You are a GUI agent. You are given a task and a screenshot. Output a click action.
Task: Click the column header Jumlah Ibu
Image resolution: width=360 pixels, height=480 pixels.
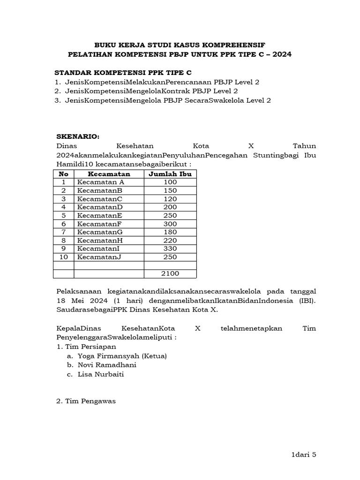pyautogui.click(x=170, y=174)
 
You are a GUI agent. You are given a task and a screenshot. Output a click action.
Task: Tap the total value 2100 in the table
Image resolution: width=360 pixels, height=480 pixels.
pyautogui.click(x=170, y=274)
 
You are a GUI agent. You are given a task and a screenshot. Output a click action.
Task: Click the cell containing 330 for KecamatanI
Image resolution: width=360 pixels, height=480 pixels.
pyautogui.click(x=170, y=248)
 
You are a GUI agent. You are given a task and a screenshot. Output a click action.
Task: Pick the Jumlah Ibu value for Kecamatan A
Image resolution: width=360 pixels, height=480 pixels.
pyautogui.click(x=170, y=182)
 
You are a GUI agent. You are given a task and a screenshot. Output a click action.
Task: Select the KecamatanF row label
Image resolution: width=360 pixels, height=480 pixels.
pyautogui.click(x=99, y=224)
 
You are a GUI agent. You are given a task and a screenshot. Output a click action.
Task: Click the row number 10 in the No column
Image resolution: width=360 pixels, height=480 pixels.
pyautogui.click(x=64, y=257)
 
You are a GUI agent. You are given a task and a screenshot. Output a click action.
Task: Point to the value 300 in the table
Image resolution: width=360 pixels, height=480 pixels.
pyautogui.click(x=170, y=224)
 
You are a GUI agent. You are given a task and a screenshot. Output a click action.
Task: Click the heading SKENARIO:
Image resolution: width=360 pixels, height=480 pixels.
pyautogui.click(x=78, y=136)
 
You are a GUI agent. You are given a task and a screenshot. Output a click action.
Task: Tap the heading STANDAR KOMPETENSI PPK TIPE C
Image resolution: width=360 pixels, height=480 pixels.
pyautogui.click(x=123, y=73)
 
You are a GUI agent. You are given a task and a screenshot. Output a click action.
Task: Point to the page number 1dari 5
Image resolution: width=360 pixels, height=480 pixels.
pyautogui.click(x=304, y=454)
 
